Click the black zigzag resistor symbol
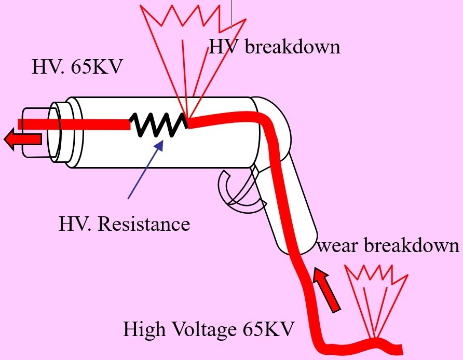[159, 125]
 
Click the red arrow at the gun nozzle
[23, 139]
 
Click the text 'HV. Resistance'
[124, 224]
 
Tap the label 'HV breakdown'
[274, 47]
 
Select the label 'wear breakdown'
[388, 245]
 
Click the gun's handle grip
[293, 207]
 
